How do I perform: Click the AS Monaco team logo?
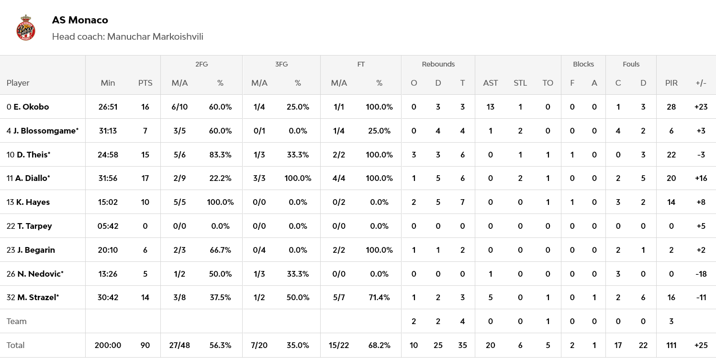[26, 28]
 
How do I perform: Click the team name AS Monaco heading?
[80, 20]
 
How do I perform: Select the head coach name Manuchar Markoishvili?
[155, 37]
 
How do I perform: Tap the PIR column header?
[671, 83]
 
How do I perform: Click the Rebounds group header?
[438, 64]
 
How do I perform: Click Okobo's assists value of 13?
[490, 107]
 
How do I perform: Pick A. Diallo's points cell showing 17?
[145, 178]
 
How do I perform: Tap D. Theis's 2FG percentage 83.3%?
[220, 155]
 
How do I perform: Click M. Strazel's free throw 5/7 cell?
[339, 297]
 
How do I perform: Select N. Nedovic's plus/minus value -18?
[701, 274]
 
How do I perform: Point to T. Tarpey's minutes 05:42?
[108, 226]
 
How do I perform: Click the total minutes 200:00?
[108, 345]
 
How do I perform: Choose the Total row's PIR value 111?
[671, 345]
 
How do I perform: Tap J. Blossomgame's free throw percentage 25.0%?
[379, 131]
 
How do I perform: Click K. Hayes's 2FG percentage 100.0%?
[220, 202]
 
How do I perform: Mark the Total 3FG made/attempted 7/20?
[259, 345]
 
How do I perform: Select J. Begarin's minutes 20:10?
[108, 250]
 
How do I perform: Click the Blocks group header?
[583, 64]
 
